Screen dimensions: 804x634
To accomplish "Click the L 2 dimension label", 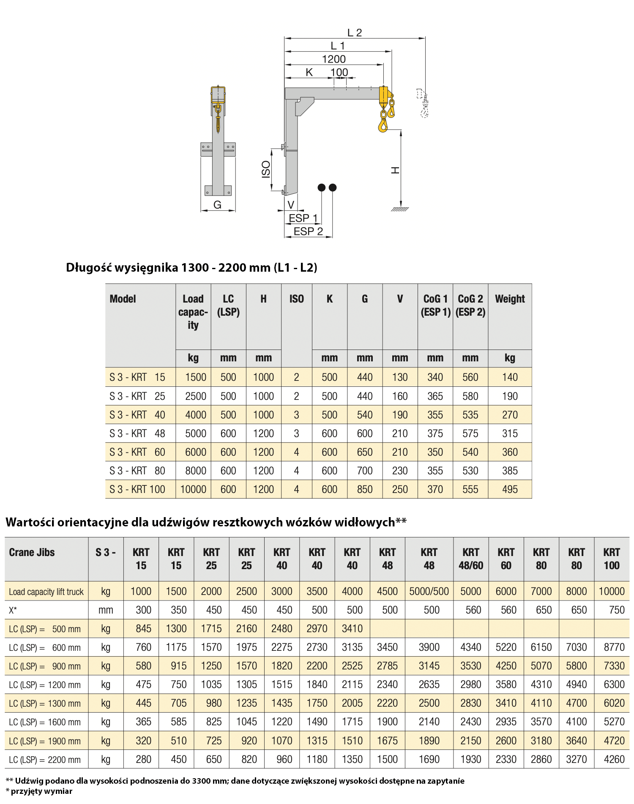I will point(354,33).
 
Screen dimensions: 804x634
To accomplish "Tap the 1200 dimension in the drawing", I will point(333,59).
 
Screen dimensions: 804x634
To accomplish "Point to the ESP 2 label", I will point(308,231).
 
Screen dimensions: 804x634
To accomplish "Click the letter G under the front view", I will point(217,205).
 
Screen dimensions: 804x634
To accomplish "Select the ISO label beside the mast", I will point(266,169).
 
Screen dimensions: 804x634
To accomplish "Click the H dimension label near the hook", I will point(395,170).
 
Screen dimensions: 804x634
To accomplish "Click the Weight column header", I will point(510,299).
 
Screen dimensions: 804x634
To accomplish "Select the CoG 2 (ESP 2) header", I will point(470,305).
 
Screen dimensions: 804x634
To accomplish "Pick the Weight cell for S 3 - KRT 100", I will point(510,490).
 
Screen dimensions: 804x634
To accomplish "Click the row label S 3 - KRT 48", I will point(137,434).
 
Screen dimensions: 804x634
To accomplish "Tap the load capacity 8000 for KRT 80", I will point(195,471).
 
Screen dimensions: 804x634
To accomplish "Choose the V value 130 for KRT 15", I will point(399,377).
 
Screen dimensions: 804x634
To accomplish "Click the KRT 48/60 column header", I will point(470,559).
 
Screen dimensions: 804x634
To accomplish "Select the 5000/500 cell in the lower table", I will point(429,592).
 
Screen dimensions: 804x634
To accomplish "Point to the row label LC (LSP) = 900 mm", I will point(45,666).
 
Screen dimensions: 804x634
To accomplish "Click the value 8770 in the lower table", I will point(614,647).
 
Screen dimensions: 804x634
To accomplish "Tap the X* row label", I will point(13,610).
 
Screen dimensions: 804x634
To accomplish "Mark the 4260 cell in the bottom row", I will point(614,760).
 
